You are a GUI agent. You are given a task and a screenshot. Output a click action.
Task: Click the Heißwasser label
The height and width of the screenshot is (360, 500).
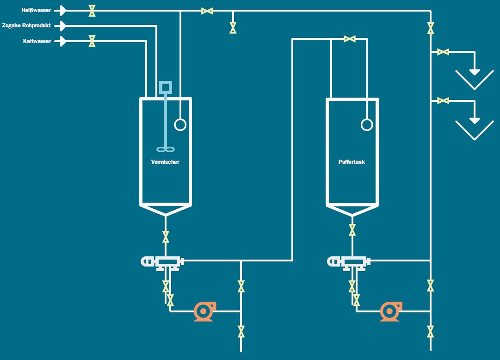coord(36,10)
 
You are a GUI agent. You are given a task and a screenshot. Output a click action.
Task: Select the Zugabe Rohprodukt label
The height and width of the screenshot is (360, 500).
coord(26,25)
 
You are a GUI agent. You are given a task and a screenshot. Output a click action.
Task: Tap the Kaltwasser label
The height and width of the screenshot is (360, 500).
coord(37,41)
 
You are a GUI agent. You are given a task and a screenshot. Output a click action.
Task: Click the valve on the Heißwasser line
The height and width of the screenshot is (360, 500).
coord(92,10)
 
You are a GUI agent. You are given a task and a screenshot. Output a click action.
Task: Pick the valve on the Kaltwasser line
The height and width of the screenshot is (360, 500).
coord(92,41)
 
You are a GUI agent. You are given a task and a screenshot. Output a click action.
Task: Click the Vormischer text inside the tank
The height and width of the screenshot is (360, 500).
coord(165,162)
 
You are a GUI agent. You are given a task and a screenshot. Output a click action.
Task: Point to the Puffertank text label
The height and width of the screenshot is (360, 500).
coord(352,162)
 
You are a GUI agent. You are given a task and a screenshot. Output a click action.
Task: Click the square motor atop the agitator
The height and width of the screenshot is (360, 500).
coord(165,87)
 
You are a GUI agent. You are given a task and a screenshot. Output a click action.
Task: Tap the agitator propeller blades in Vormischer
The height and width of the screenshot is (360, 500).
coord(165,149)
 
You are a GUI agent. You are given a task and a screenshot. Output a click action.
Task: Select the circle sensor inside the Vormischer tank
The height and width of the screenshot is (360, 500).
coord(180,124)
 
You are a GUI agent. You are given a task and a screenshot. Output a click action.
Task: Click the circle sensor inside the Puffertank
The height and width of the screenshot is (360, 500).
coord(367,124)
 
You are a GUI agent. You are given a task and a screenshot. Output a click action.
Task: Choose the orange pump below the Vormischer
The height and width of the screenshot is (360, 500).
coord(204,311)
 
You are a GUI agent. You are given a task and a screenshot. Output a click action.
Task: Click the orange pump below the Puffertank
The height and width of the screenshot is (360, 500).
coord(390,311)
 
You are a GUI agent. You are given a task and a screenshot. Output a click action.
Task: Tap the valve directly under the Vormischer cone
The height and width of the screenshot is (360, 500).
coord(166,237)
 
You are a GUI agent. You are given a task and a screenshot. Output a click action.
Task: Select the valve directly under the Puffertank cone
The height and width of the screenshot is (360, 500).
coord(352,230)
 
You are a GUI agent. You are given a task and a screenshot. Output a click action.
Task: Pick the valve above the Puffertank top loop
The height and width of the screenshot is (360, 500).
coord(349,39)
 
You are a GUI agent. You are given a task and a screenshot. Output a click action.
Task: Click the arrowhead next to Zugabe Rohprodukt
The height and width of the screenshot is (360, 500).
coord(63,25)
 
